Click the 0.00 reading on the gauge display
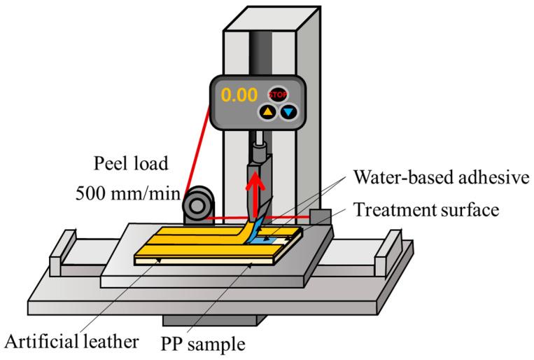click(239, 96)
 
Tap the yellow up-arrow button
click(267, 112)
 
